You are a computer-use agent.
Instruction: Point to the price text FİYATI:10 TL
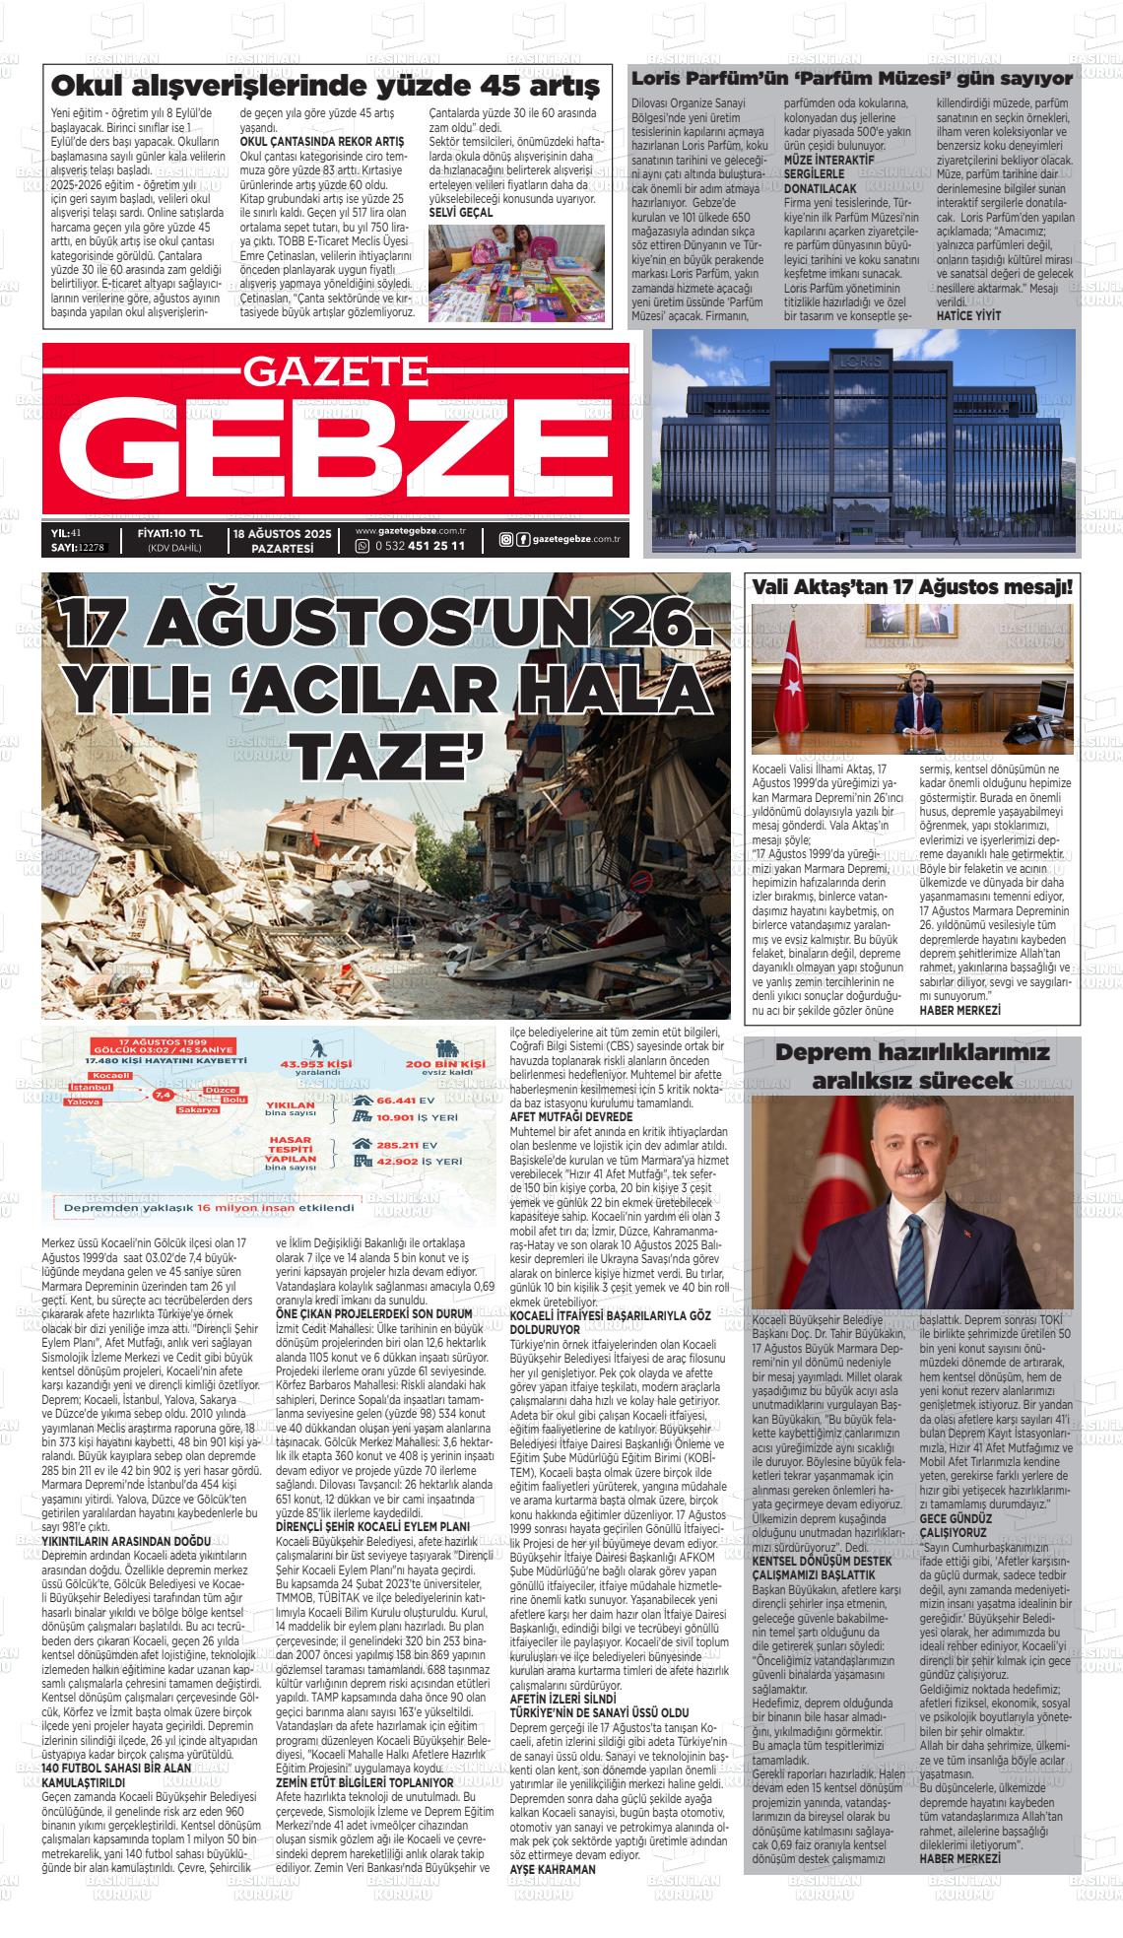pos(170,533)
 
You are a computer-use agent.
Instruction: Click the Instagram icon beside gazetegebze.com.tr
pos(505,539)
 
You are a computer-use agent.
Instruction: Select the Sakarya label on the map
pos(197,1110)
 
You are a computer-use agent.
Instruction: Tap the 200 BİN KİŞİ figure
pos(445,1064)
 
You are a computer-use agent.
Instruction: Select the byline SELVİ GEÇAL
pos(462,213)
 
